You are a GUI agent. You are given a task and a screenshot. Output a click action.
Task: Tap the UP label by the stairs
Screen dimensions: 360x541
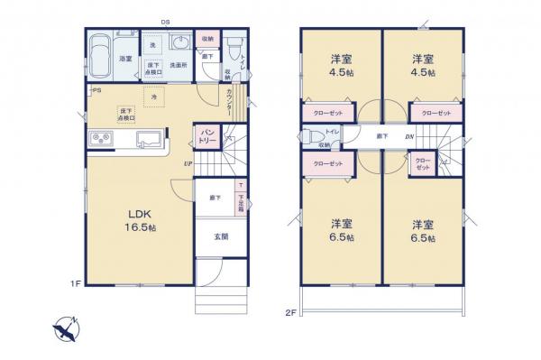[x=187, y=163]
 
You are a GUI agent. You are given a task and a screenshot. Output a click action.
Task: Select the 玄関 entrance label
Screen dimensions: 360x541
[x=221, y=236]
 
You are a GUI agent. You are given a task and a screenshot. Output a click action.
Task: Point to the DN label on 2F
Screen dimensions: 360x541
[x=409, y=136]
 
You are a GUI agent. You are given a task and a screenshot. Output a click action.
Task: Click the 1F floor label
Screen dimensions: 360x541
[x=78, y=283]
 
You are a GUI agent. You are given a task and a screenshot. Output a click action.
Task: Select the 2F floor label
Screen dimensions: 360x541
[x=290, y=312]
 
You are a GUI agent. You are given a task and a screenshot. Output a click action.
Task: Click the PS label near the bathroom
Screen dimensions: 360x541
[x=94, y=90]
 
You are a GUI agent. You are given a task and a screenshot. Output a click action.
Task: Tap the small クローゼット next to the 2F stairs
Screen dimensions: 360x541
[x=422, y=165]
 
